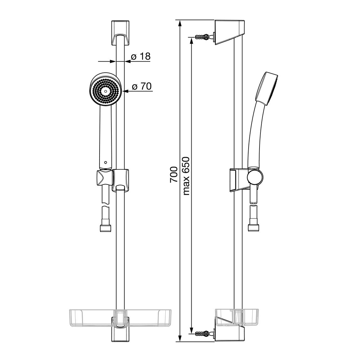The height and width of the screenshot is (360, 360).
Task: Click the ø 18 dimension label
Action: click(x=141, y=56)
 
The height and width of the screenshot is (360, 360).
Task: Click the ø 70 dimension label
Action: click(x=142, y=86)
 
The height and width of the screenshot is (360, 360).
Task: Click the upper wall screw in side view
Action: click(x=202, y=37)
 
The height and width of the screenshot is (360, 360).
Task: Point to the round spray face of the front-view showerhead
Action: click(x=105, y=91)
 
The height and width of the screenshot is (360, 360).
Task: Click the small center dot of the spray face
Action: click(x=105, y=91)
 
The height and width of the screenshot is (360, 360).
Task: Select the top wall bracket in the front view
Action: click(x=120, y=33)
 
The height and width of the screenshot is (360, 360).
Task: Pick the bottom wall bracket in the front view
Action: click(x=120, y=329)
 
